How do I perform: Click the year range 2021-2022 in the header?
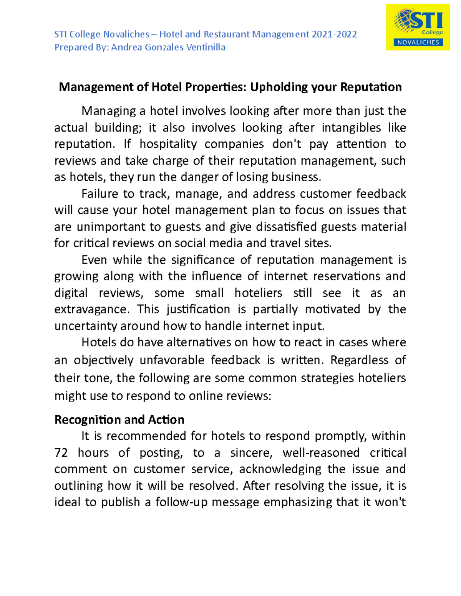tap(334, 35)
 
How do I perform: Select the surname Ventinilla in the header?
tap(206, 47)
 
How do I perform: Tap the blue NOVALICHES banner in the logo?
tap(418, 42)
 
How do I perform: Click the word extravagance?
tap(91, 309)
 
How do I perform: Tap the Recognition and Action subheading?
tap(119, 419)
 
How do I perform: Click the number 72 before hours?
tap(61, 453)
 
